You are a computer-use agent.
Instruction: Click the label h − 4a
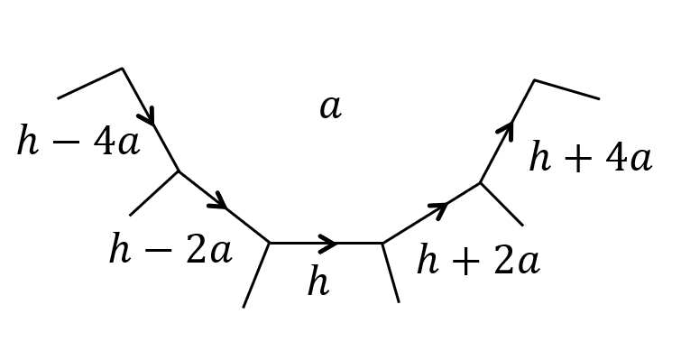pyautogui.click(x=78, y=142)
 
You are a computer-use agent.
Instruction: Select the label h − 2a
pyautogui.click(x=170, y=250)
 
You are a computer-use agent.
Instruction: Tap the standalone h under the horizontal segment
pyautogui.click(x=317, y=282)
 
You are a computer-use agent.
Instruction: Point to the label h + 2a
pyautogui.click(x=478, y=261)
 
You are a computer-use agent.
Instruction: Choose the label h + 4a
pyautogui.click(x=590, y=158)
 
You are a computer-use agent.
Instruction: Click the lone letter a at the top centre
pyautogui.click(x=330, y=107)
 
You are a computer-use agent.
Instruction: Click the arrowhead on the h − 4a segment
pyautogui.click(x=147, y=115)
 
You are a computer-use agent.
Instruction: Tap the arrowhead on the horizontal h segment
pyautogui.click(x=329, y=243)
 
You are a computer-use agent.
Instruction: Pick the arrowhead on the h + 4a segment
pyautogui.click(x=506, y=131)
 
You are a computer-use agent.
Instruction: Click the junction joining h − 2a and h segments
pyautogui.click(x=270, y=243)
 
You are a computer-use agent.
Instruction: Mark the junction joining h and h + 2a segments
pyautogui.click(x=382, y=243)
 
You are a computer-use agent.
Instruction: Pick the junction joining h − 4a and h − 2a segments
pyautogui.click(x=179, y=171)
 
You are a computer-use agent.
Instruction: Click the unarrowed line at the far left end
pyautogui.click(x=90, y=83)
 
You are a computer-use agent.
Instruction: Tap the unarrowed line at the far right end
pyautogui.click(x=566, y=89)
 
